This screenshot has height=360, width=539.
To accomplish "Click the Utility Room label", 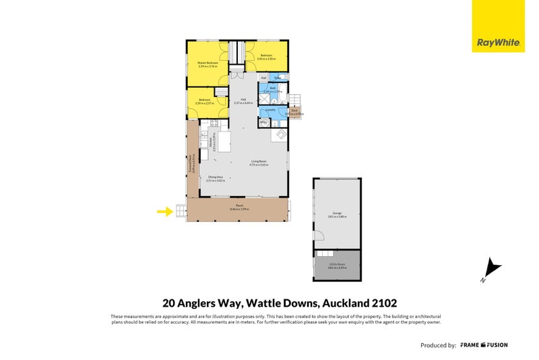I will click(336, 266).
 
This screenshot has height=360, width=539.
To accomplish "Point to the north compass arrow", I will click(493, 270).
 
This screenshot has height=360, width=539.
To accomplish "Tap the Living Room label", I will click(241, 162).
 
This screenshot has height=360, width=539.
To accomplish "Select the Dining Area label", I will click(216, 179).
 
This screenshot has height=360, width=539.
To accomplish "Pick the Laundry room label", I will click(271, 109).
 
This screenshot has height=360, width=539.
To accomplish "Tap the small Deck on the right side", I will click(294, 112).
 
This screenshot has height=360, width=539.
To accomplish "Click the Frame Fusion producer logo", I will click(484, 344).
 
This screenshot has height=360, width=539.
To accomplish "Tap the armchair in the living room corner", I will click(278, 136).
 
